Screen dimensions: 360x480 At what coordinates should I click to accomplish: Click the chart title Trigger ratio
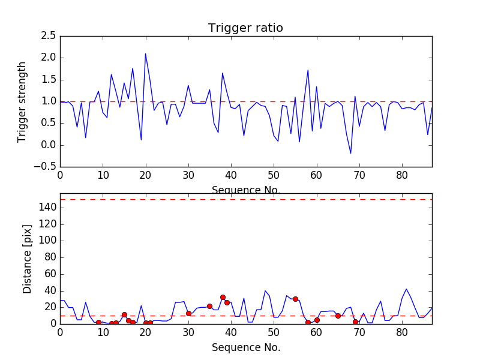[x=245, y=28]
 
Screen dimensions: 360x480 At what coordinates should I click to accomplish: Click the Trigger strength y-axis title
[x=22, y=101]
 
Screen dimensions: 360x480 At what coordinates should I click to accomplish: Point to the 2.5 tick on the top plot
[x=49, y=36]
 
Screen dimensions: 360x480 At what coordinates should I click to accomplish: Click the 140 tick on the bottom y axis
[x=48, y=208]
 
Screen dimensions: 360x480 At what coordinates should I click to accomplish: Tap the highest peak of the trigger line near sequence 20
[x=145, y=53]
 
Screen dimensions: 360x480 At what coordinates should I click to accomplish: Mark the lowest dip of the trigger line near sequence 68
[x=351, y=154]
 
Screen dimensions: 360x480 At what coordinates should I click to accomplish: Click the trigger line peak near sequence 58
[x=308, y=70]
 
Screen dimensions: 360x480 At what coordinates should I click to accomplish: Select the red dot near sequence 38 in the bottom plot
[x=223, y=297]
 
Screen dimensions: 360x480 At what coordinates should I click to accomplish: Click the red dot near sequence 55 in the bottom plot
[x=295, y=299]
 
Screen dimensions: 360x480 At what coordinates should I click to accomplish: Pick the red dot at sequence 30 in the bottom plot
[x=188, y=313]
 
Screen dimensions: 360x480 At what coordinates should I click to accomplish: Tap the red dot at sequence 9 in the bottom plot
[x=98, y=322]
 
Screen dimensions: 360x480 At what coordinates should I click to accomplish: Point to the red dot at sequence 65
[x=338, y=316]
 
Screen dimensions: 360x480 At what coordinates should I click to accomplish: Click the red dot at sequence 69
[x=355, y=322]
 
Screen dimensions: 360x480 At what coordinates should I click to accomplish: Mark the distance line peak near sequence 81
[x=406, y=289]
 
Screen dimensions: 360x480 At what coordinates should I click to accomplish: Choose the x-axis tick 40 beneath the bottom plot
[x=231, y=333]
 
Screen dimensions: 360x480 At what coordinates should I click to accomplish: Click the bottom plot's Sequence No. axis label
[x=246, y=347]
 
